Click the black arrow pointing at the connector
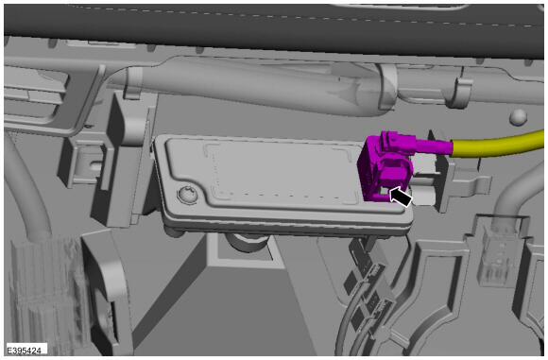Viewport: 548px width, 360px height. [x=401, y=197]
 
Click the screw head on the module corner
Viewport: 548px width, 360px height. [x=188, y=195]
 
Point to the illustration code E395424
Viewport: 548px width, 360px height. [x=25, y=351]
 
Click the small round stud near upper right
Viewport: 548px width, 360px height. [x=518, y=117]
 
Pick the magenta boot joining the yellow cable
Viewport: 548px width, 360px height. [x=432, y=144]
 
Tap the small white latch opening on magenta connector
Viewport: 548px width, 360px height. [x=385, y=191]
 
